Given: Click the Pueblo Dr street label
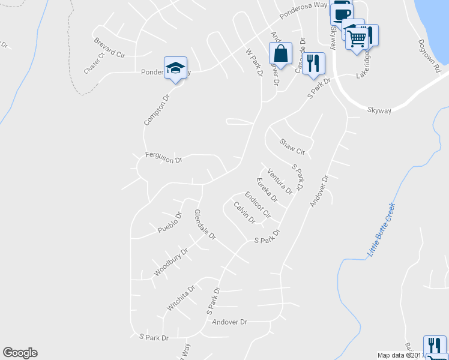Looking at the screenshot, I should pos(170,223).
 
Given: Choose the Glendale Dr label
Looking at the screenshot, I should pos(205,225).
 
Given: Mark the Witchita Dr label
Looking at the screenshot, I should pos(181,298).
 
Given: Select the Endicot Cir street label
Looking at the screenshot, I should pos(258,205).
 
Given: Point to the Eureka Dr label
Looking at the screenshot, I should pos(267,190).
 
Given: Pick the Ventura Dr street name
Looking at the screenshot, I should pos(280,182).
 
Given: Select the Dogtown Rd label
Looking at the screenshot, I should pos(430,57).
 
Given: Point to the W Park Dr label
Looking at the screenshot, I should pos(255,63).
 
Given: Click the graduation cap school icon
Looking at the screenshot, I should pos(175,68).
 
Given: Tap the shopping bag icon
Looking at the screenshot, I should pos(280,53).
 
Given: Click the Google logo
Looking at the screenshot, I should pos(20,353).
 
